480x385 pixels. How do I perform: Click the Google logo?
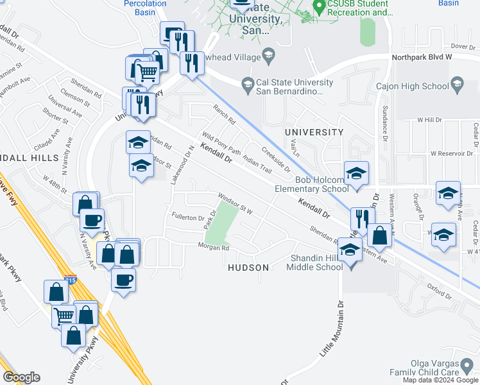21,377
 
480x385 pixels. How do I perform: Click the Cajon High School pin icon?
456,83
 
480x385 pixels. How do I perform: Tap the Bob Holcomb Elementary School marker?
356,173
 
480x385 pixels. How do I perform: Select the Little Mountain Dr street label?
332,329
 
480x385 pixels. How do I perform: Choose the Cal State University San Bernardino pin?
247,84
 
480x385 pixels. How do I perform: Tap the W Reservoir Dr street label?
453,154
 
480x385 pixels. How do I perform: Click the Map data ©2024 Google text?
440,380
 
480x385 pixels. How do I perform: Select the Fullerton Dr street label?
187,218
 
